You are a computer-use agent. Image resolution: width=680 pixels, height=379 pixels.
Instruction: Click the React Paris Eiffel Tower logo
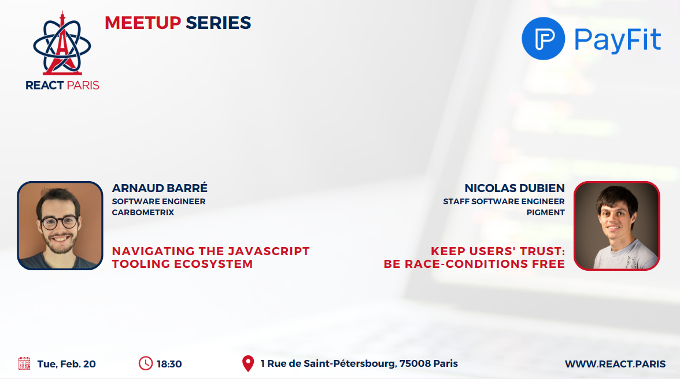[x=62, y=45]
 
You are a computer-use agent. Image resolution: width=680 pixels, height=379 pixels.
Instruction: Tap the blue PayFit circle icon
[x=543, y=39]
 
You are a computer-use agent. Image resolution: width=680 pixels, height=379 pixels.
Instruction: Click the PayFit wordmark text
[x=618, y=39]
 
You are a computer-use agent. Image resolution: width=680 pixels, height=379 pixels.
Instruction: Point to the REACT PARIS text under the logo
[x=62, y=85]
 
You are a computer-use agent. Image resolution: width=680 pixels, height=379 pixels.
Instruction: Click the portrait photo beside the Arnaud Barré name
[x=60, y=226]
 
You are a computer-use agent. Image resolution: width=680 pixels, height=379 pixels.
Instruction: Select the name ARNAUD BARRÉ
[x=159, y=189]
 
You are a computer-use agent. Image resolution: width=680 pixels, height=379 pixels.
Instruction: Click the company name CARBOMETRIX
[x=143, y=212]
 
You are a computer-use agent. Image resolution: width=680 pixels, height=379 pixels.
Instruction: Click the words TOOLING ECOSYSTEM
[x=182, y=264]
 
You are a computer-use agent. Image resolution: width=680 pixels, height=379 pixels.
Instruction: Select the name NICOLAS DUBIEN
[x=514, y=189]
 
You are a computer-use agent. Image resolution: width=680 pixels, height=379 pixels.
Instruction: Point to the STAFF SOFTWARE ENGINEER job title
[x=504, y=201]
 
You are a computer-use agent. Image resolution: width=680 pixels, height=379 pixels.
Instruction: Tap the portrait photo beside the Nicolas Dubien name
[x=616, y=226]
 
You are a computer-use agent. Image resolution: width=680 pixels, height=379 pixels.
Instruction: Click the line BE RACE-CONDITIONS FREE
[x=474, y=264]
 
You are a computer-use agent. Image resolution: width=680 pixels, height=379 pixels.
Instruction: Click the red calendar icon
[x=24, y=363]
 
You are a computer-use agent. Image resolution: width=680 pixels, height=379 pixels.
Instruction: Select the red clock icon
[x=146, y=363]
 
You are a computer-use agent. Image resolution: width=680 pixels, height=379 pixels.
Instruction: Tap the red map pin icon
[x=248, y=363]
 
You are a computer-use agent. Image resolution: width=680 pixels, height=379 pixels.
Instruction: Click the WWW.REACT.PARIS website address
[x=615, y=364]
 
